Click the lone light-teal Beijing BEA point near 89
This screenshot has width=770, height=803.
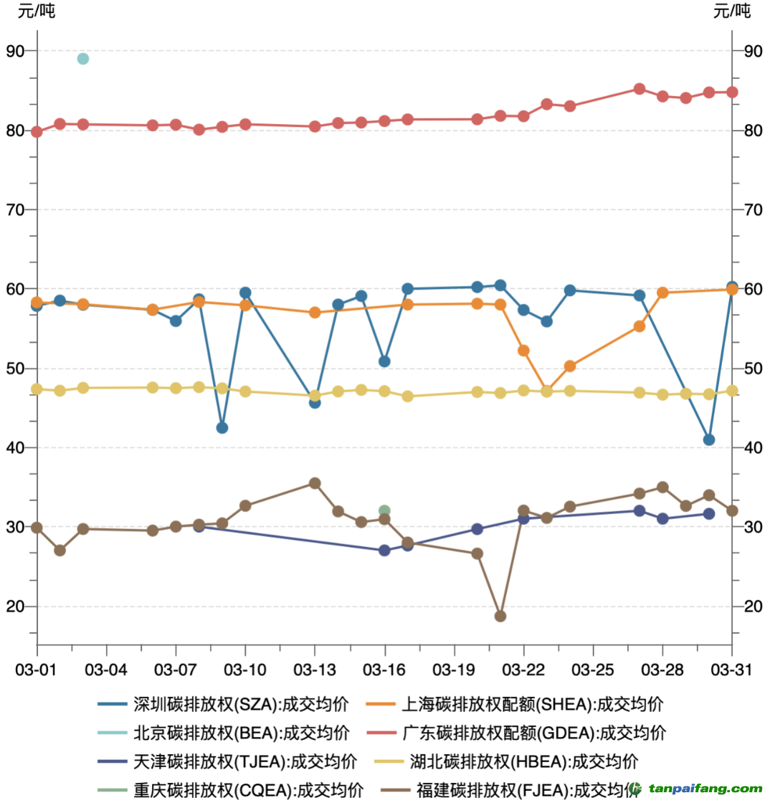pos(83,59)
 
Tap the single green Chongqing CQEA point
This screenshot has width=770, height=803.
pos(384,511)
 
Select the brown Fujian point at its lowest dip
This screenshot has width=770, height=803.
pos(500,616)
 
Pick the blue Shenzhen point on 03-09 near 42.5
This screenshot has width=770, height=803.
pos(222,428)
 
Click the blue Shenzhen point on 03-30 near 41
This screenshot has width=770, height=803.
pos(709,439)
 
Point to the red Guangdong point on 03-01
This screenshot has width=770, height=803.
pos(37,131)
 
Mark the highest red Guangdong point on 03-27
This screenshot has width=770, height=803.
pos(640,89)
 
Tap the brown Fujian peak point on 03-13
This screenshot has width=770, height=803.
pos(315,483)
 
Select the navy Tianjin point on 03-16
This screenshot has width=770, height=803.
pos(384,551)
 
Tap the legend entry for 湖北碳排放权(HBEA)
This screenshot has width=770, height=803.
pos(523,761)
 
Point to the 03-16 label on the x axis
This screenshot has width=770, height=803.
pos(384,669)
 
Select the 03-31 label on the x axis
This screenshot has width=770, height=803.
pos(731,669)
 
